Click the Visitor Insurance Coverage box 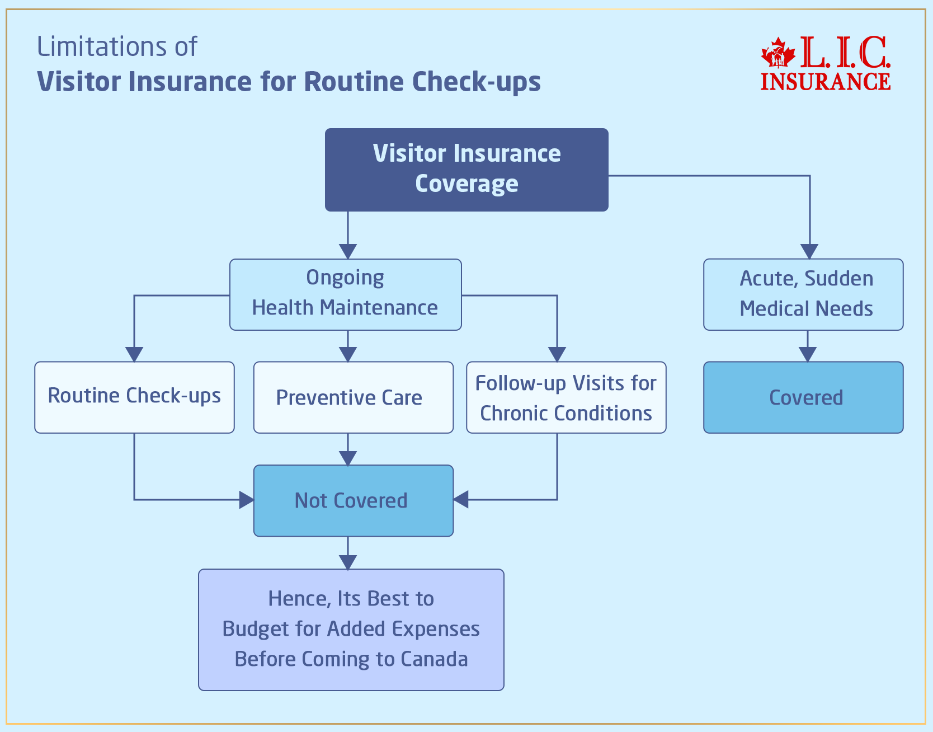click(466, 170)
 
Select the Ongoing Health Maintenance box click(345, 294)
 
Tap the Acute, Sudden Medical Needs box click(803, 294)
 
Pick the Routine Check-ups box click(134, 397)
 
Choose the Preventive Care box click(353, 397)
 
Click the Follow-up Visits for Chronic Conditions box click(566, 397)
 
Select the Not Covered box click(353, 501)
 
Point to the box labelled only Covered click(803, 397)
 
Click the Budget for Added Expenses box click(351, 630)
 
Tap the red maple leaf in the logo click(777, 54)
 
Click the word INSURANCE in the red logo click(825, 82)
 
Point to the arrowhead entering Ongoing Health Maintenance click(348, 251)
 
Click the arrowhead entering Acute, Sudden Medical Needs click(809, 251)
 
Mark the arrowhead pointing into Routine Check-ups click(134, 354)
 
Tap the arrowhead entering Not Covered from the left click(247, 500)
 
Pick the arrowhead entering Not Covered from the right click(461, 500)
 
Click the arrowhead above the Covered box click(807, 354)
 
